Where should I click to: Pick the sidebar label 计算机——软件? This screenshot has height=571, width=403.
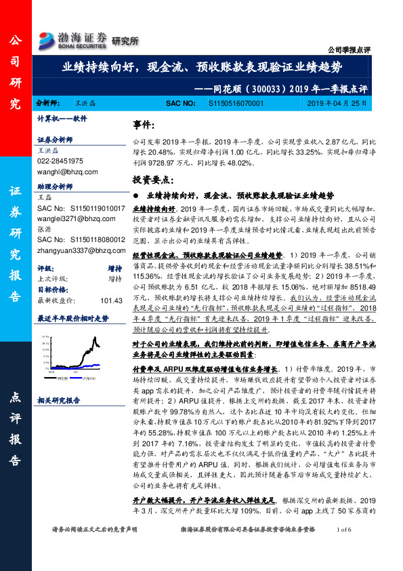pyautogui.click(x=62, y=118)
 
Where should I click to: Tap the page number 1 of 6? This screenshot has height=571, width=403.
pyautogui.click(x=344, y=548)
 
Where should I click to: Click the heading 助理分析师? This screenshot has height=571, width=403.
pyautogui.click(x=56, y=185)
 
